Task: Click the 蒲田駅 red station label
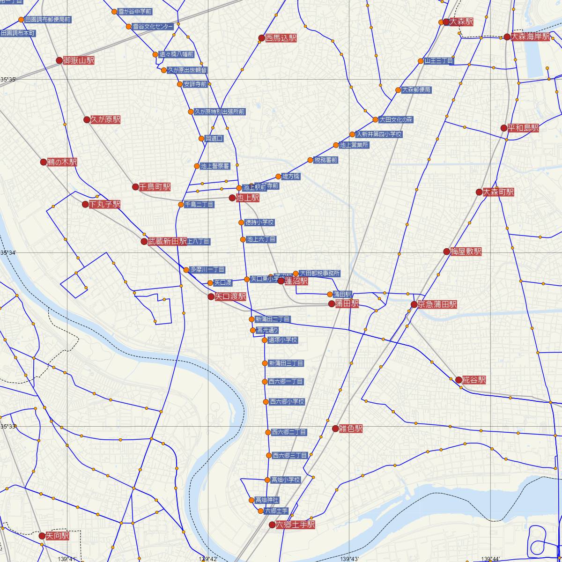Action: click(x=347, y=304)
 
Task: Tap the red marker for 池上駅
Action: click(x=232, y=198)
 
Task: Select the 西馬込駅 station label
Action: click(x=281, y=38)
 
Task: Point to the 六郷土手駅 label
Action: click(x=296, y=525)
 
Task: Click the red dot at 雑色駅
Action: click(x=335, y=429)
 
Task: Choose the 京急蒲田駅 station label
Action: click(x=437, y=304)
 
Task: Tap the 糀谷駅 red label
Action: click(x=474, y=380)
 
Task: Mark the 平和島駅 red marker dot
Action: click(x=504, y=128)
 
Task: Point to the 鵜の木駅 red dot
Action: click(x=44, y=162)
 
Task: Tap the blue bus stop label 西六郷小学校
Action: click(x=287, y=402)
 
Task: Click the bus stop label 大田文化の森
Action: click(x=396, y=119)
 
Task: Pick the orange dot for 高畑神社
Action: click(x=252, y=500)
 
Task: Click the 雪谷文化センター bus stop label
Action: click(x=153, y=27)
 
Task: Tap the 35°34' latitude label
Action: click(x=8, y=253)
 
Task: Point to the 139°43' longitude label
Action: click(x=349, y=558)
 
